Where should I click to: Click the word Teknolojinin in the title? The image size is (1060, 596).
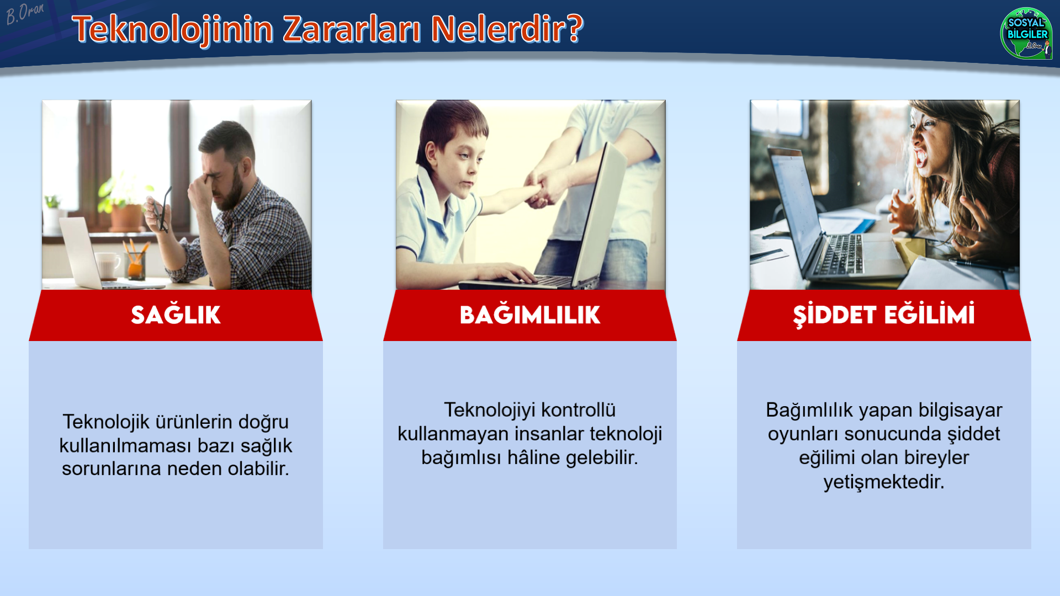(x=172, y=29)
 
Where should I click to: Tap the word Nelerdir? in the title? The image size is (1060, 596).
(x=507, y=29)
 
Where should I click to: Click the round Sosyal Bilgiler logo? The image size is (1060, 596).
(x=1026, y=33)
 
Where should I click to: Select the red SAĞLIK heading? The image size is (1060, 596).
(x=176, y=315)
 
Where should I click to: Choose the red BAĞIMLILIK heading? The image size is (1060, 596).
(x=530, y=315)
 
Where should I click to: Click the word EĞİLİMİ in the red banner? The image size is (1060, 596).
(x=929, y=314)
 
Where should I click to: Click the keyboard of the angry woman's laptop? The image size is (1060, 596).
(x=840, y=254)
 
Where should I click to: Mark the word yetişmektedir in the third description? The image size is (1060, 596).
(x=884, y=482)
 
